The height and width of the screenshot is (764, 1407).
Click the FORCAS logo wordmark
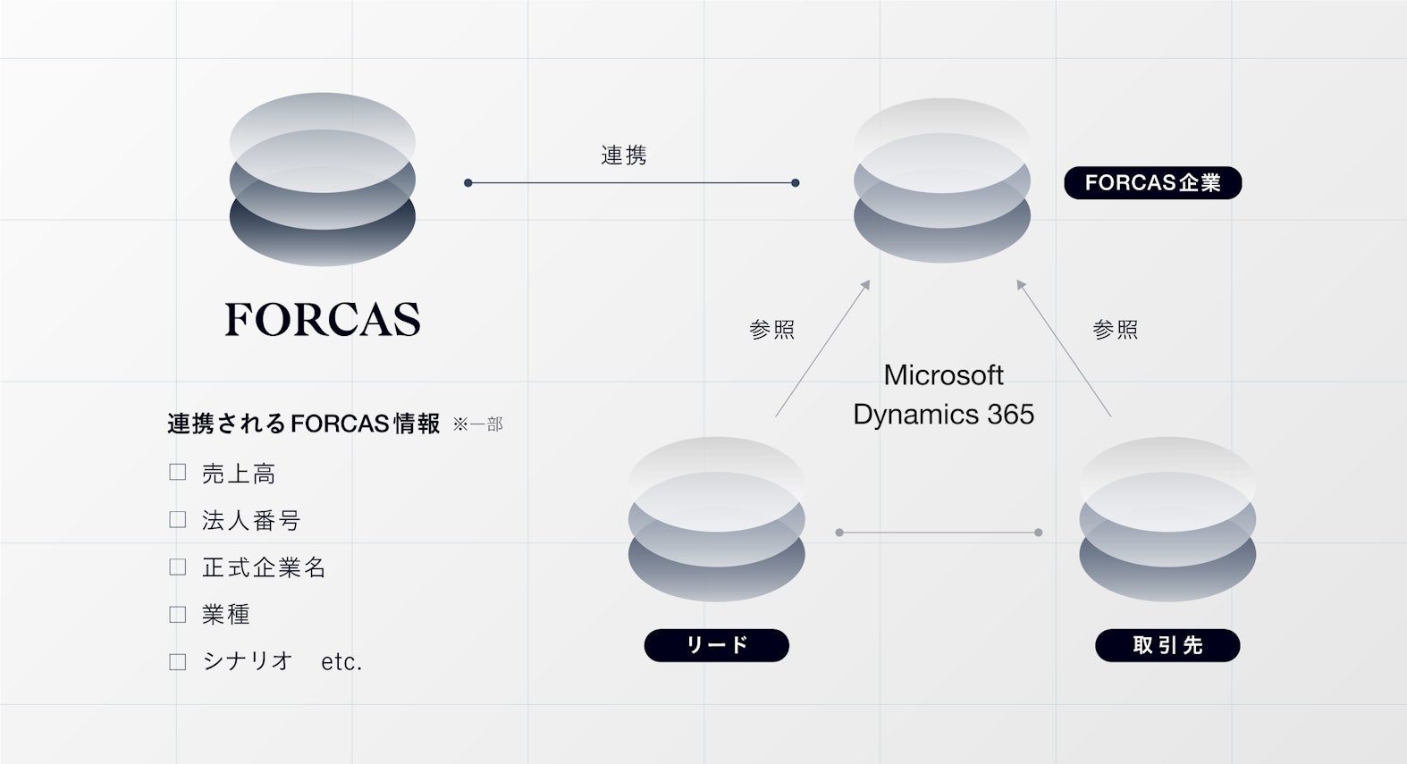pos(322,319)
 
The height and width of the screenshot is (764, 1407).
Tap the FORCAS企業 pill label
pos(1152,183)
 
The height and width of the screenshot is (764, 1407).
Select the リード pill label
pos(716,645)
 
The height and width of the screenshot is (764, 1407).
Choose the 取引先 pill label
pos(1167,645)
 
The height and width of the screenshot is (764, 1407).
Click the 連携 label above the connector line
pos(624,155)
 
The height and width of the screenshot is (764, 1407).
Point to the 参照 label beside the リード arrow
pos(771,330)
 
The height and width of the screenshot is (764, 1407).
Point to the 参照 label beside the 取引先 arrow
pos(1115,330)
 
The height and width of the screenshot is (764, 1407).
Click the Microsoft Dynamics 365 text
pos(943,394)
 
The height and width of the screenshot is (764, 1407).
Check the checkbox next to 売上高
pos(178,473)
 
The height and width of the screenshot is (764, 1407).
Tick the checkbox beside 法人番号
pos(178,520)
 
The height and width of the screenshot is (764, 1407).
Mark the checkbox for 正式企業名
pos(178,567)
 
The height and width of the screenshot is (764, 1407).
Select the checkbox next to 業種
pos(178,615)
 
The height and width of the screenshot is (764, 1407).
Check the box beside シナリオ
pos(178,662)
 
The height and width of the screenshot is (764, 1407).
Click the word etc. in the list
pos(341,662)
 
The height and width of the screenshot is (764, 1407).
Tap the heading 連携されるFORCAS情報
pos(303,424)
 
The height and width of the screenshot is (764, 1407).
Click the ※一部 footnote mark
pos(477,424)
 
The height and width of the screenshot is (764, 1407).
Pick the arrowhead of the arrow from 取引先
pos(1021,285)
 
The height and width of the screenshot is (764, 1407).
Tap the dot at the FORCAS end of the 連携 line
pos(468,183)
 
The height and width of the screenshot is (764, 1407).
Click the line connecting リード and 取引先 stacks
pos(939,533)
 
